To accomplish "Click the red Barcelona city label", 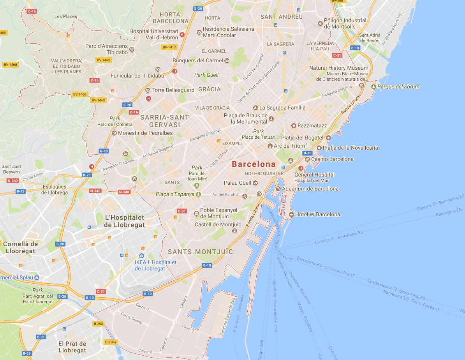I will point(254,164).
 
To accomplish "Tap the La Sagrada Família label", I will point(282,108).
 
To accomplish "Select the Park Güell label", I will point(206,75).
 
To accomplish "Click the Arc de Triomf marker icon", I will point(270,146).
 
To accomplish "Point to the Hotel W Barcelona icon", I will point(291,214).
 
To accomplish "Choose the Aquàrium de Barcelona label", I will point(310,189).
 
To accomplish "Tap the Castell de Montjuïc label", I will point(218,224).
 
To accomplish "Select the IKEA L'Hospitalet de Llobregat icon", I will point(141,256).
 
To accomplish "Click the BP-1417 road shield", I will point(169,47).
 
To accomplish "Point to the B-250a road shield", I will point(111,342).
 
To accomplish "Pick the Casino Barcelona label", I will point(332,159).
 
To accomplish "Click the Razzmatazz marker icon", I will point(294,125).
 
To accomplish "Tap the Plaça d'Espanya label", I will point(175,194).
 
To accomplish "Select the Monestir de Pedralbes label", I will point(145,133).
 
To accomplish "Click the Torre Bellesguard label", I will point(173,90).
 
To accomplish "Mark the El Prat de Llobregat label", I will point(72,347).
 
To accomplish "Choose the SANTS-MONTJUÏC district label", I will point(201,252).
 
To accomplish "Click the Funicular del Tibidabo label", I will point(137,76).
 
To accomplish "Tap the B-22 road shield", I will point(27,353).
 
